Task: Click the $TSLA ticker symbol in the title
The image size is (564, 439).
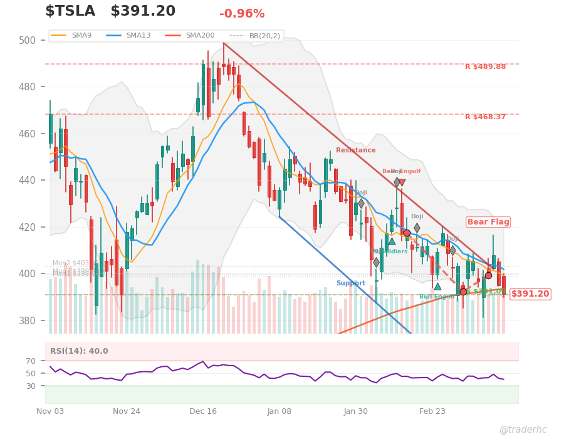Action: coord(70,11)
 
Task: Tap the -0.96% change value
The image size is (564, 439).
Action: coord(242,14)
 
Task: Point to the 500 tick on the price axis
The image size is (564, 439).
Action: coord(27,40)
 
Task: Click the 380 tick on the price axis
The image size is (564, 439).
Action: coord(27,320)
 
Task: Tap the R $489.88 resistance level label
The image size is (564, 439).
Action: coord(485,67)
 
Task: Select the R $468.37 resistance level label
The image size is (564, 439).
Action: coord(485,117)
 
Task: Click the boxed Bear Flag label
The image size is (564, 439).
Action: coord(488,222)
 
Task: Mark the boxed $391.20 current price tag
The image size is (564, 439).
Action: coord(530,294)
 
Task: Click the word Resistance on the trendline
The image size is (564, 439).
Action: coord(355,151)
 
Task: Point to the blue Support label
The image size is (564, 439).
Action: coord(350,283)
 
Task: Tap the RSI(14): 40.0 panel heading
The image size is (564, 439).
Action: coord(79,352)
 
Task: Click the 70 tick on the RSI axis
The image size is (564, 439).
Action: coord(31,361)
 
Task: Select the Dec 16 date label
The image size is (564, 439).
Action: coord(203,411)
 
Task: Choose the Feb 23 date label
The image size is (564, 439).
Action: coord(432,411)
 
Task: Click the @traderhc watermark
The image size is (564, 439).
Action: coord(523,430)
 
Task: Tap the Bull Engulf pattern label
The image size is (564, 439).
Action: coord(437,297)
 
